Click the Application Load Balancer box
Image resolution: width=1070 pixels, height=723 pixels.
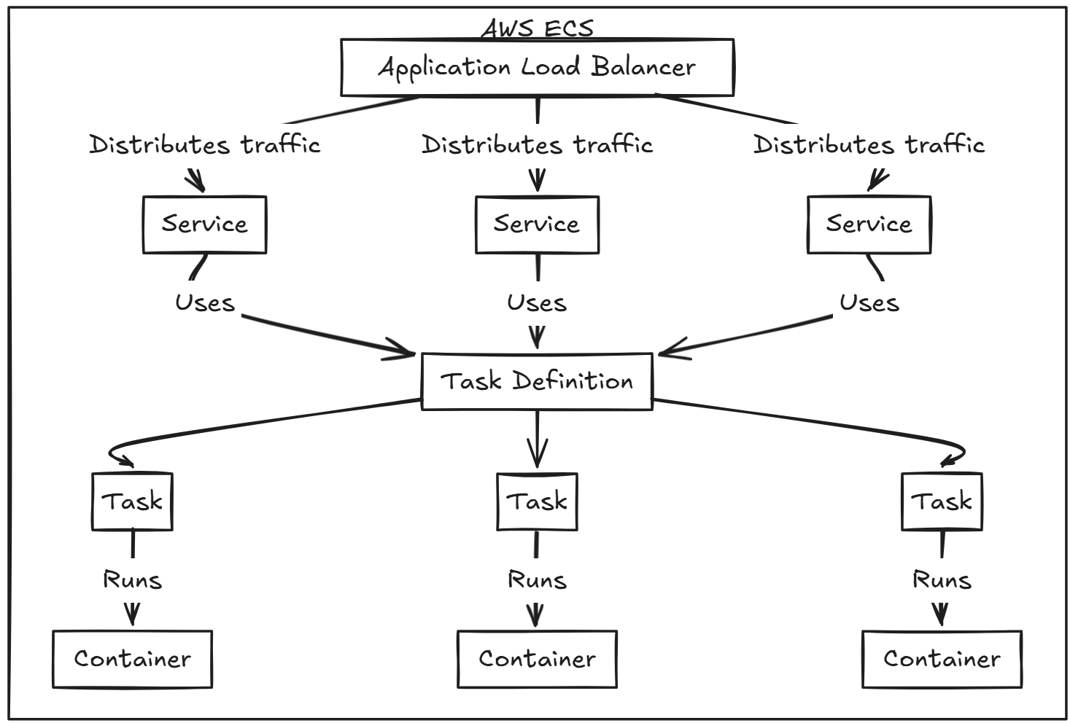pyautogui.click(x=537, y=67)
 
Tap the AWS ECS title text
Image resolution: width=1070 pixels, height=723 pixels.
pyautogui.click(x=537, y=28)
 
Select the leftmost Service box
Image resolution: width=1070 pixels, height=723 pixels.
pyautogui.click(x=204, y=224)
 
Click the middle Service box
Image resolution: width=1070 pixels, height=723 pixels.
pyautogui.click(x=537, y=224)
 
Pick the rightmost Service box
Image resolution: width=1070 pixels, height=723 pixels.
pyautogui.click(x=869, y=224)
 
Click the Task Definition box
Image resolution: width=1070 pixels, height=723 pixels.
pyautogui.click(x=537, y=381)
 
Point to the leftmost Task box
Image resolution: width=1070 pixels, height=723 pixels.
pyautogui.click(x=132, y=501)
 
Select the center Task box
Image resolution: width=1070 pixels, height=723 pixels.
pyautogui.click(x=537, y=501)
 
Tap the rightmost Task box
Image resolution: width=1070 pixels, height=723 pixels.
pyautogui.click(x=942, y=501)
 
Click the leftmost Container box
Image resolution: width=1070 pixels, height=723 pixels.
pyautogui.click(x=132, y=659)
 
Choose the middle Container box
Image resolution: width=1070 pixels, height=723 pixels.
pyautogui.click(x=537, y=659)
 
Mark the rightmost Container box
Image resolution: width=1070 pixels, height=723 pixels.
pyautogui.click(x=942, y=659)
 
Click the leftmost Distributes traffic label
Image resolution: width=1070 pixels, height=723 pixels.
pyautogui.click(x=204, y=144)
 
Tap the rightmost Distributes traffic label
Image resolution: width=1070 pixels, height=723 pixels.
pyautogui.click(x=869, y=144)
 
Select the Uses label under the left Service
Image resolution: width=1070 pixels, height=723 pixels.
pyautogui.click(x=204, y=302)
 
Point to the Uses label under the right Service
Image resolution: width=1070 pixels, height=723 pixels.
pyautogui.click(x=869, y=302)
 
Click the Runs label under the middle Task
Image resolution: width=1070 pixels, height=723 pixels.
pyautogui.click(x=537, y=580)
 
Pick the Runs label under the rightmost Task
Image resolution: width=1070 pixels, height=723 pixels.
pyautogui.click(x=942, y=580)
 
